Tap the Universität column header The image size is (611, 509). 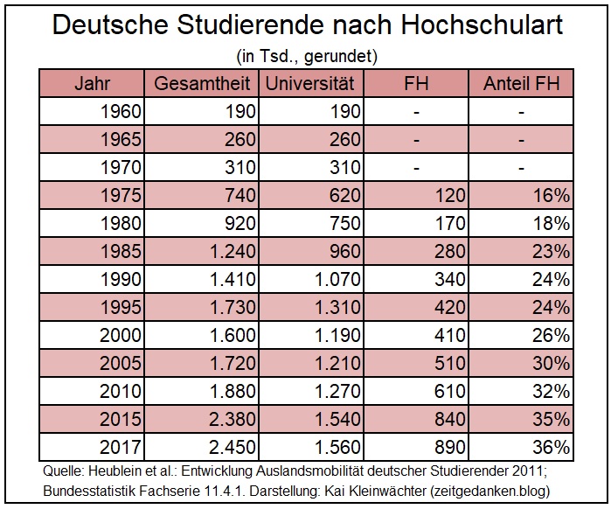coord(310,84)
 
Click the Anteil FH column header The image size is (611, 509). coord(521,84)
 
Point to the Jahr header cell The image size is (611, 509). coord(93,84)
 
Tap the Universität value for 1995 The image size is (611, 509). coord(332,308)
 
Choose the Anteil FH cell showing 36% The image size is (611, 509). coord(551,447)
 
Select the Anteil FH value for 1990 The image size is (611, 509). coord(551,280)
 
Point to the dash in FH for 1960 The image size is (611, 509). coord(417,112)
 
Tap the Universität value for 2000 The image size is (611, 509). coord(332,336)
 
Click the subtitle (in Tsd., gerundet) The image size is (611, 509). coord(306,57)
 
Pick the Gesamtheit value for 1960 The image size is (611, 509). coord(239,112)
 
